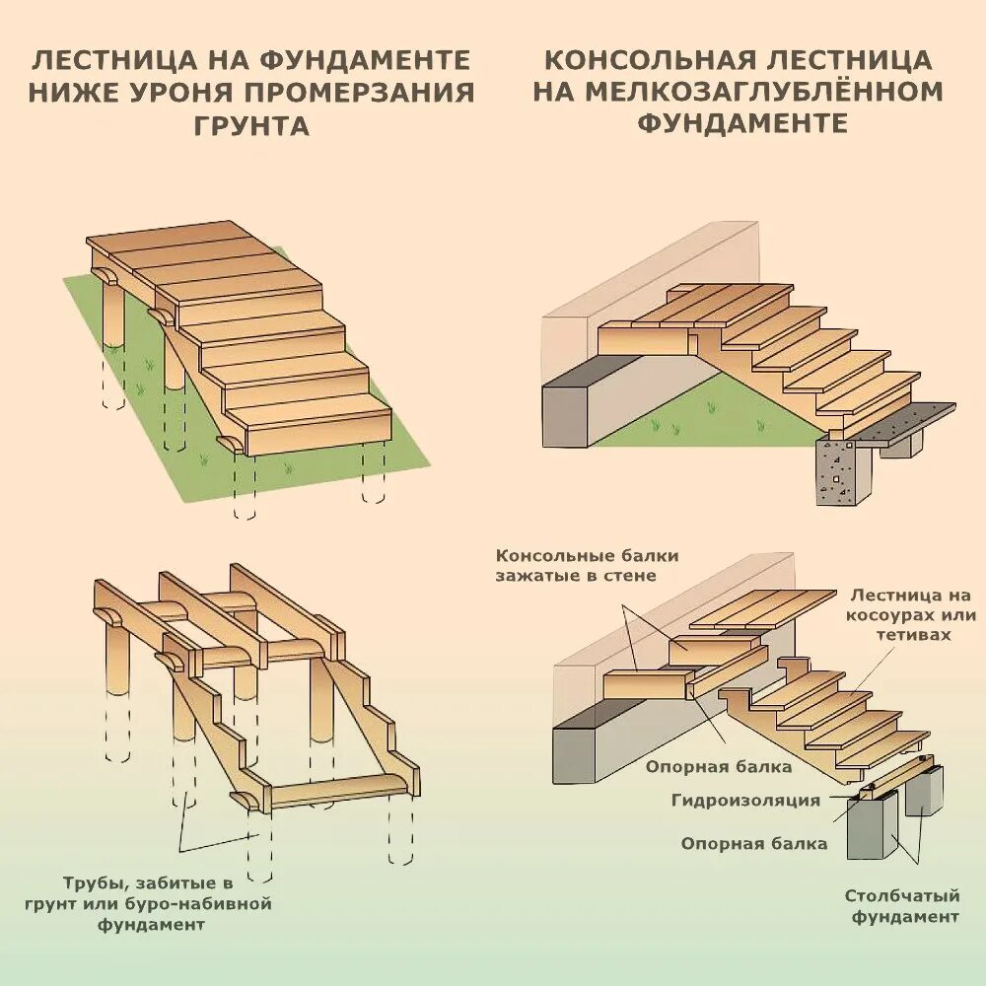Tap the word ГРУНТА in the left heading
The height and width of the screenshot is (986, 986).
click(x=252, y=126)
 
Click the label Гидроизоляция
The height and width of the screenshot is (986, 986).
click(x=746, y=800)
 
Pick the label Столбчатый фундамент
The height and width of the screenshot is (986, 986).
click(x=901, y=906)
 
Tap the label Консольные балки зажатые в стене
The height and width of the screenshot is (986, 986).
click(x=588, y=566)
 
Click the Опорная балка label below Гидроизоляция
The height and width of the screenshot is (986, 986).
click(x=754, y=844)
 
